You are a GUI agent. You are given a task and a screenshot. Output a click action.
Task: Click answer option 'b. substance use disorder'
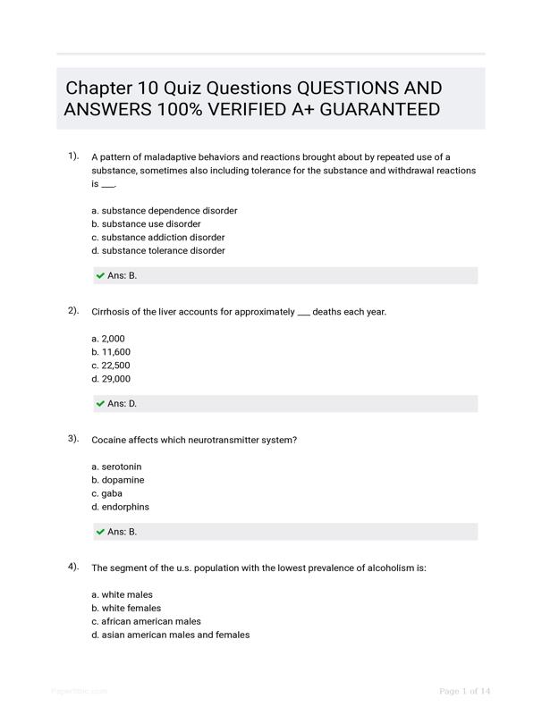(146, 224)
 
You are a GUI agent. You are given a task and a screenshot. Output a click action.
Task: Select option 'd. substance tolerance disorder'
(158, 251)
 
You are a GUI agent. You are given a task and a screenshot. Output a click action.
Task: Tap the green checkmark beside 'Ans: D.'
(100, 404)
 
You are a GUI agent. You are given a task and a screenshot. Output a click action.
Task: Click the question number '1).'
(73, 156)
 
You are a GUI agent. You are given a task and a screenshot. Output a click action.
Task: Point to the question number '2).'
(73, 311)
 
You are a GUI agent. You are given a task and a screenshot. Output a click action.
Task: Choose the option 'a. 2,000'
(108, 339)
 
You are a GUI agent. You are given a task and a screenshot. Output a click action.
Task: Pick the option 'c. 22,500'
(111, 366)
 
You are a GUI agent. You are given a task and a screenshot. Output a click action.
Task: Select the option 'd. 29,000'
(111, 379)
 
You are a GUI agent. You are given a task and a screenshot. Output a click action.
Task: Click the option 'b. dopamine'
(118, 480)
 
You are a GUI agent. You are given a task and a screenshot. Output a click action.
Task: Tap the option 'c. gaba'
(107, 493)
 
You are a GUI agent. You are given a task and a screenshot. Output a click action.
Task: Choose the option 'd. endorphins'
(121, 507)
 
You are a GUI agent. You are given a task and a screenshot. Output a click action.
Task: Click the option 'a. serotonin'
(116, 467)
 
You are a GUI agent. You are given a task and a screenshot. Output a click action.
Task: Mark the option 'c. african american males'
(146, 621)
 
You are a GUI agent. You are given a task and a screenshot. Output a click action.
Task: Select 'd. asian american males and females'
(171, 635)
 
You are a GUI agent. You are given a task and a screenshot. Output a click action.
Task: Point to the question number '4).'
(73, 567)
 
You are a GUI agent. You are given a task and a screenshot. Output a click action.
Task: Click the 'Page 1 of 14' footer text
(465, 691)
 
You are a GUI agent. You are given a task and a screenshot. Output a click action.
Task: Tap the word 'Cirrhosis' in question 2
(112, 312)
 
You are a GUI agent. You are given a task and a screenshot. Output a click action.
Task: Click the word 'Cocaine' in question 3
(109, 440)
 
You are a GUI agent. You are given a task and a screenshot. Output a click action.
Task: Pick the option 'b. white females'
(126, 608)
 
